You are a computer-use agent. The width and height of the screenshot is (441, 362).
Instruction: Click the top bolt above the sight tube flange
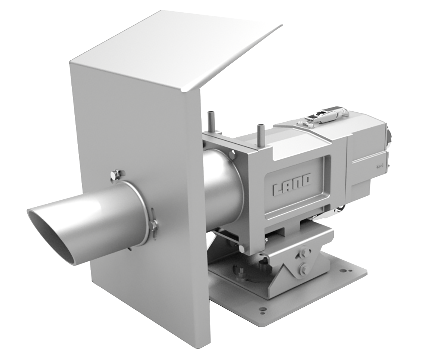point(118,174)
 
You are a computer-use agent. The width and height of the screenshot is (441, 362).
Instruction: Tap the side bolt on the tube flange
point(153,225)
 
